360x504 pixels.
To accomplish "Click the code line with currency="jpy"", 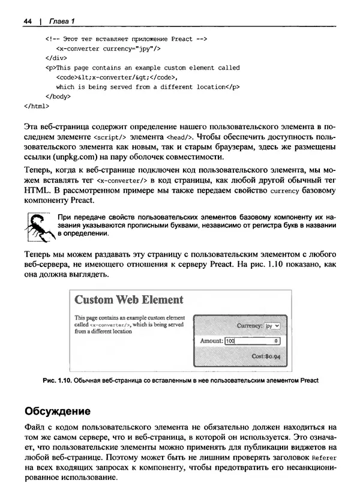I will pyautogui.click(x=107, y=49).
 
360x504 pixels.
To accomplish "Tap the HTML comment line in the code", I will pyautogui.click(x=126, y=39).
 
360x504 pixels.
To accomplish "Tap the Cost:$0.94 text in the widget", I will pyautogui.click(x=266, y=356).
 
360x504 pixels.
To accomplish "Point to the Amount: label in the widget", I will pyautogui.click(x=211, y=341).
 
